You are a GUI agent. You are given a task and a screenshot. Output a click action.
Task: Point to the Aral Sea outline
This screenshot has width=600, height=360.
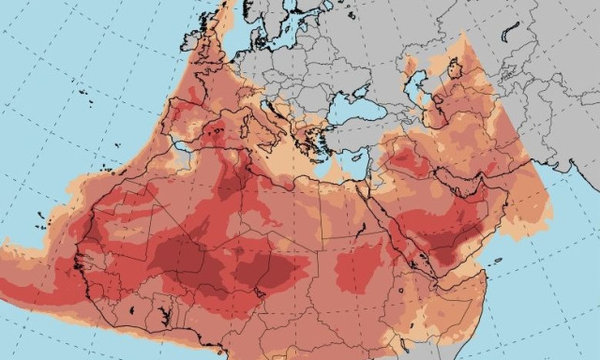[456, 69]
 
